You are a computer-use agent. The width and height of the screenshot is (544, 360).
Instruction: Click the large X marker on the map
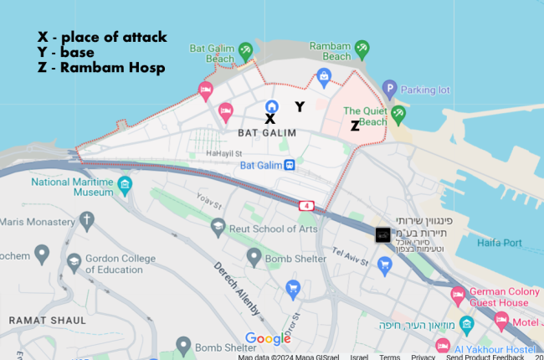pos(269,120)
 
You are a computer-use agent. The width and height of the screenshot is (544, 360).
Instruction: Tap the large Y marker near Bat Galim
pos(299,106)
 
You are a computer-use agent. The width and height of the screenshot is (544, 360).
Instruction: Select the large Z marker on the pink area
pos(355,126)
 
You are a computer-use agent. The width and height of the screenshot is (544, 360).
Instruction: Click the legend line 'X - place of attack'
pos(102,37)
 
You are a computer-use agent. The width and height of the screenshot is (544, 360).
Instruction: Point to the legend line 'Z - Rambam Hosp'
pos(100,67)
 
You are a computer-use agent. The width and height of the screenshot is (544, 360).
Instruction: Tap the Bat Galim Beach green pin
pos(246,51)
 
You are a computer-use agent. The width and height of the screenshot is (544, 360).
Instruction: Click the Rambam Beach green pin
pos(362,49)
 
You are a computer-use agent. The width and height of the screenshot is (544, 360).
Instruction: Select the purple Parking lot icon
pos(389,88)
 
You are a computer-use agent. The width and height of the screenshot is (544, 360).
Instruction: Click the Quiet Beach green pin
pos(398,111)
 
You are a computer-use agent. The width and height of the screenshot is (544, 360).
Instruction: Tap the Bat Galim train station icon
pos(289,165)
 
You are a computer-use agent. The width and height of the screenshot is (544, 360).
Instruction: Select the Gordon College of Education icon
pos(73,262)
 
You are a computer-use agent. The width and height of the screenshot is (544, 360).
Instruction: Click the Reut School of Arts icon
pos(218,226)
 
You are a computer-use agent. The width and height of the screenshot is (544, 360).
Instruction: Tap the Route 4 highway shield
pos(309,204)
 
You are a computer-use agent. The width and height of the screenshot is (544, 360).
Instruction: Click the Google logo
pos(268,339)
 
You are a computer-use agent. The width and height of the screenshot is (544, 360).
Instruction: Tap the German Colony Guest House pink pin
pos(458,293)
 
